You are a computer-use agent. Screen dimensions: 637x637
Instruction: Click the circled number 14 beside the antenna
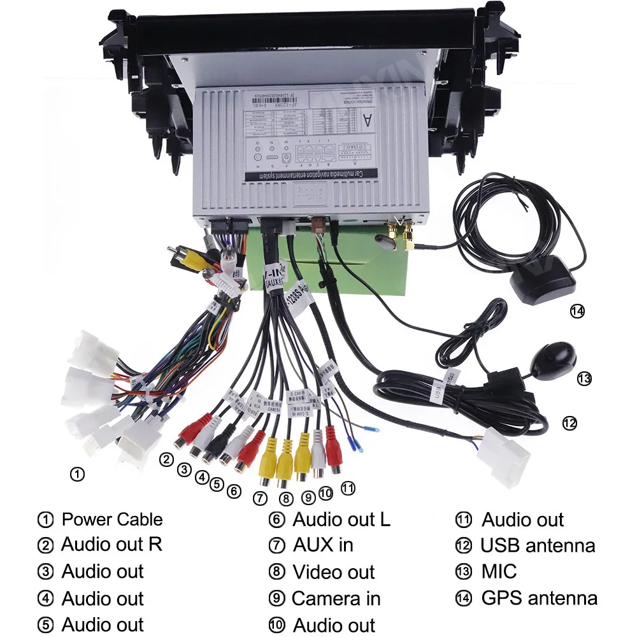tap(577, 311)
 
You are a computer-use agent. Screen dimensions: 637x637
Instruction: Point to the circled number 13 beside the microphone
tap(584, 379)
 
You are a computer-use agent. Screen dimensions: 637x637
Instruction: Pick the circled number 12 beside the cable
tap(569, 422)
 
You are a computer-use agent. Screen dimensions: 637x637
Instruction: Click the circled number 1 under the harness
tap(76, 474)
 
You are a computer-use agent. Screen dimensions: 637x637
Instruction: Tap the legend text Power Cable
tap(111, 519)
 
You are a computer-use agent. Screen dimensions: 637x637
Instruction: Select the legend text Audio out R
tap(111, 545)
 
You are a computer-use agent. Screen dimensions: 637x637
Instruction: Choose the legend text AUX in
tap(322, 545)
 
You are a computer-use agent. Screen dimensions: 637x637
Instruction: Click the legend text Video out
tap(333, 572)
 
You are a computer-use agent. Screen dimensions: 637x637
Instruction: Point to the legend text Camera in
tap(336, 599)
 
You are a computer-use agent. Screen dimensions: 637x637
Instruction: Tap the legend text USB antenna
tap(538, 545)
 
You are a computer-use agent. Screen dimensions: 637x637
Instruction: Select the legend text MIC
tap(499, 571)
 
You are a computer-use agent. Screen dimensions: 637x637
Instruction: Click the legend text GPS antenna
tap(539, 598)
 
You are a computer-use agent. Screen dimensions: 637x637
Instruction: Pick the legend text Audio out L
tap(341, 519)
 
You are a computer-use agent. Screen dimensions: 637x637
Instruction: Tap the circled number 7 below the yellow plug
tap(259, 498)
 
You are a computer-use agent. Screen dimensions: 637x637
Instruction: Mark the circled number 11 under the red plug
tap(348, 489)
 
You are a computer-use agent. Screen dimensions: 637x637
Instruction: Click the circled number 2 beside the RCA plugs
tap(167, 459)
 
